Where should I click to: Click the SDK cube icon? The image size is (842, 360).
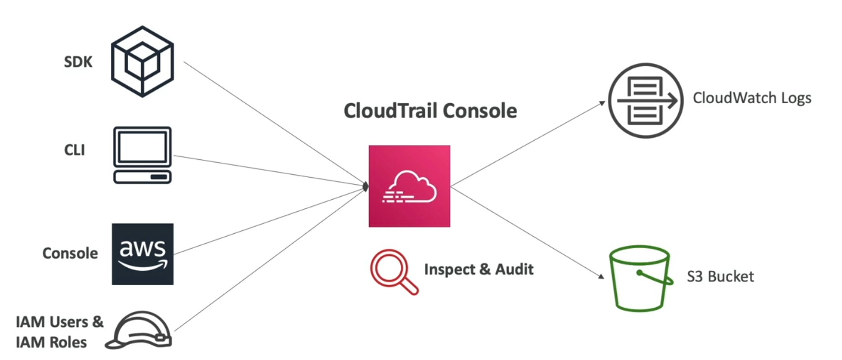[x=143, y=61]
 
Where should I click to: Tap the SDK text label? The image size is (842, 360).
[x=78, y=62]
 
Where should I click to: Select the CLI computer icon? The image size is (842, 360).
[x=143, y=155]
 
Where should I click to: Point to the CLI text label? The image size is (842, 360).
[x=74, y=150]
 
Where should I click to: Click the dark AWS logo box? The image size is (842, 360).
[x=143, y=254]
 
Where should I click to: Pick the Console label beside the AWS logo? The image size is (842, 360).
[x=70, y=253]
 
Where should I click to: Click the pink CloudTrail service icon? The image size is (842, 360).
[x=409, y=186]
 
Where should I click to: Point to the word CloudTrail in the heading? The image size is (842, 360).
[x=391, y=111]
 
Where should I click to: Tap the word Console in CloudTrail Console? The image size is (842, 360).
[x=480, y=111]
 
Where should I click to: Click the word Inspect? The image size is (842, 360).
[x=449, y=269]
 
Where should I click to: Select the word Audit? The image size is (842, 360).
[x=514, y=269]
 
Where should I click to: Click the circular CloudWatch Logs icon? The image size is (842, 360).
[x=646, y=101]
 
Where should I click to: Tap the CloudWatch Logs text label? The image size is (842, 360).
[x=752, y=98]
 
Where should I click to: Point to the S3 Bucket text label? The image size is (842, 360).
[x=720, y=276]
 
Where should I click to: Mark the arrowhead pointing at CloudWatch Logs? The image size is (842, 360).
[x=602, y=103]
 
